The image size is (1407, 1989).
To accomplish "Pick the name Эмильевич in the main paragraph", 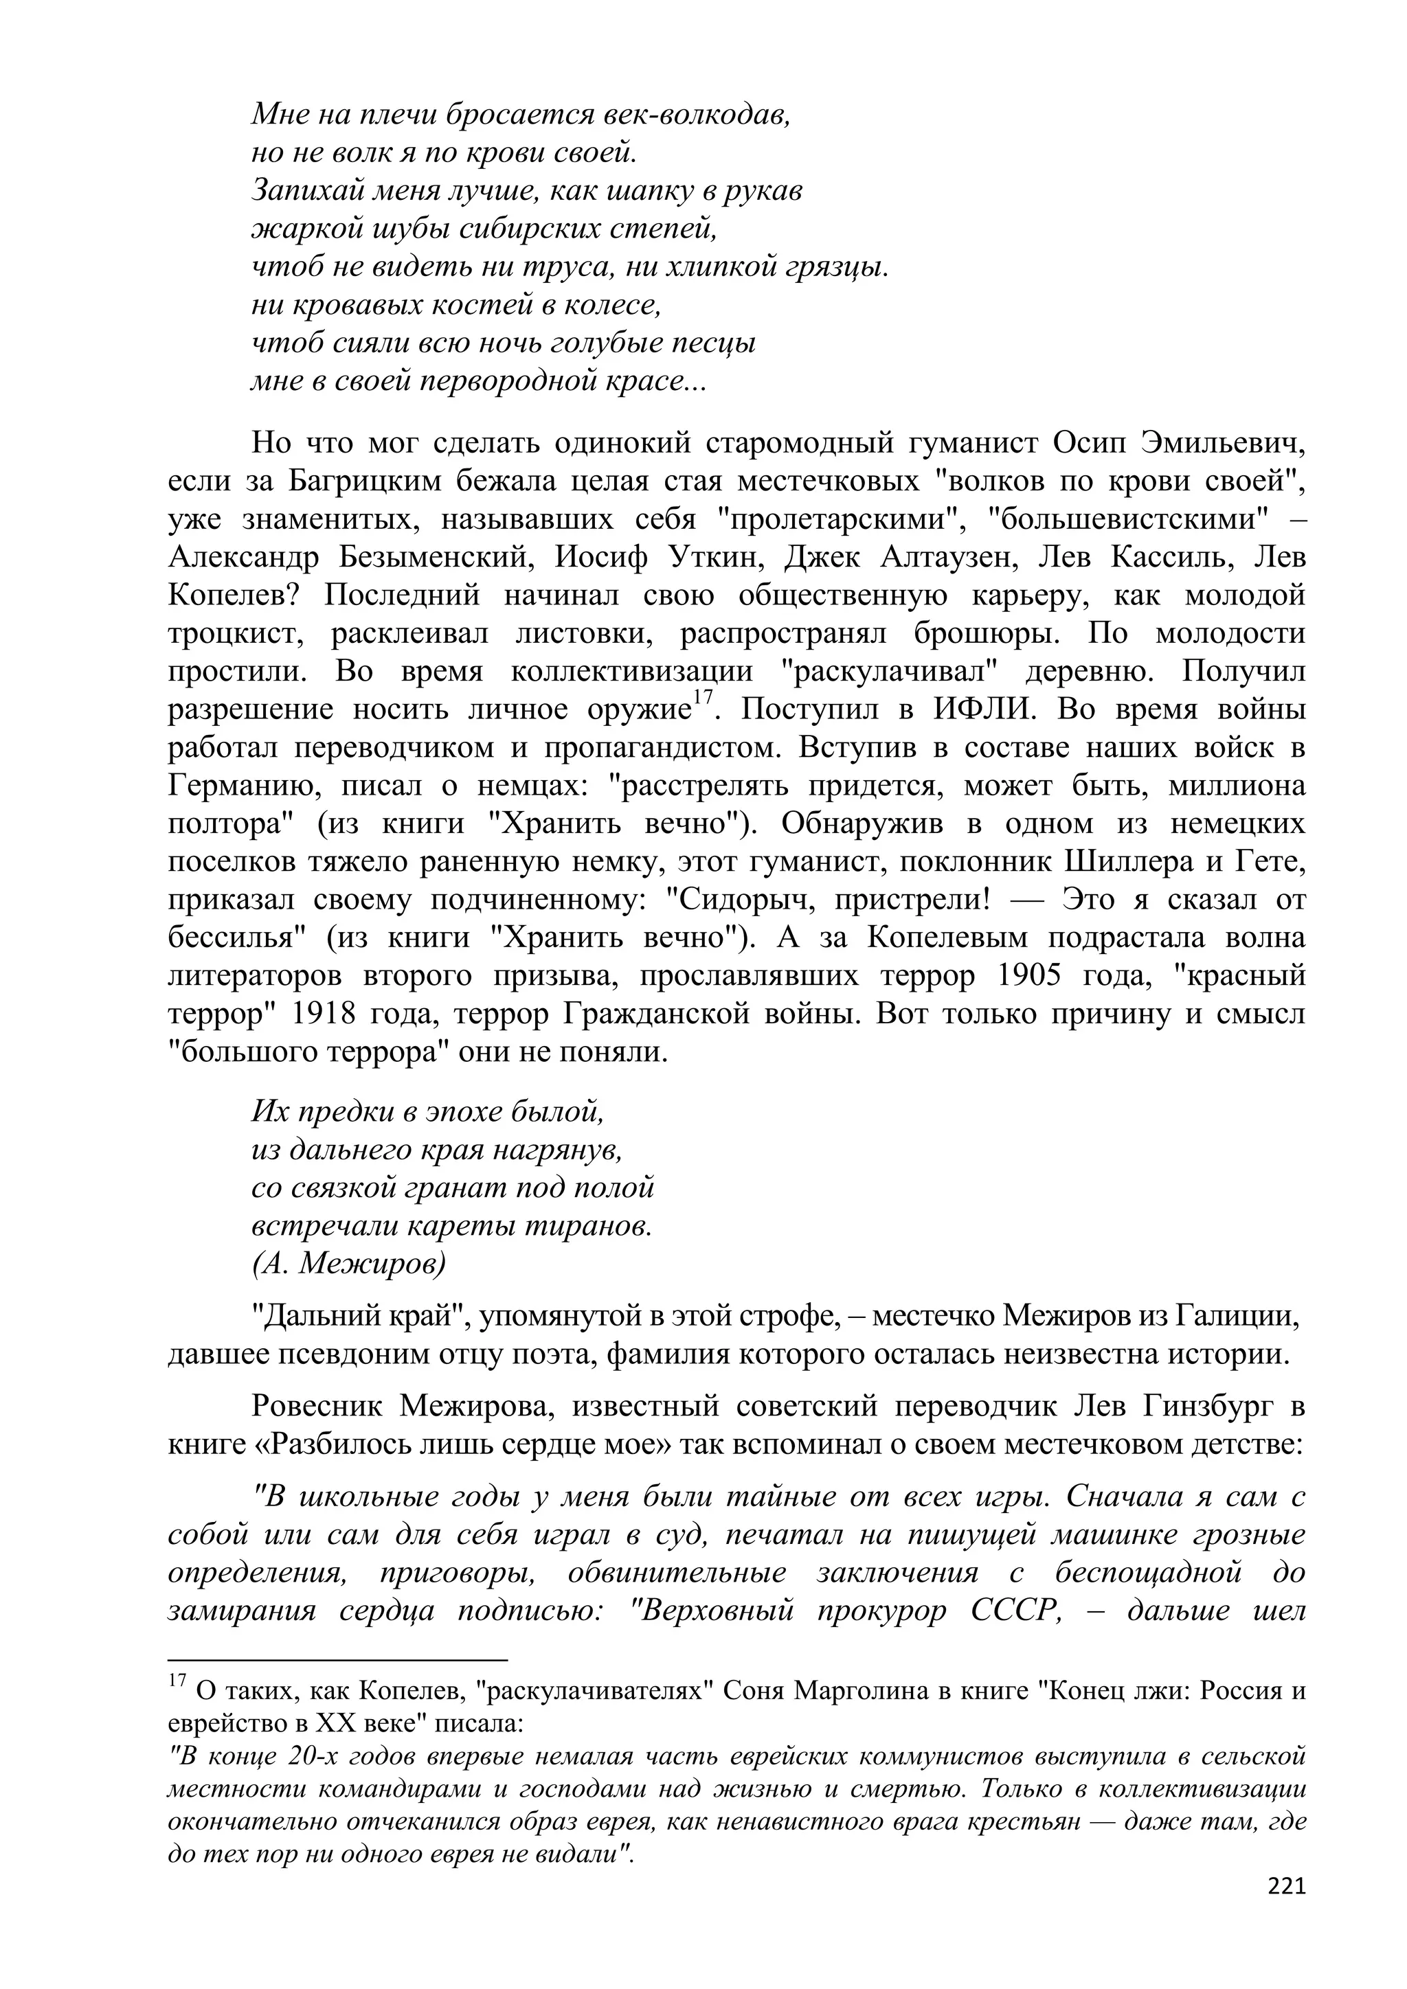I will coord(1222,443).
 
